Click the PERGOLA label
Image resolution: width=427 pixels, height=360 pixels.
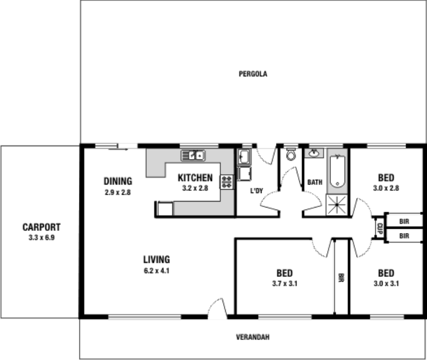(x=252, y=74)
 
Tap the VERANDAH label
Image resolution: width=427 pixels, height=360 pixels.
(x=252, y=337)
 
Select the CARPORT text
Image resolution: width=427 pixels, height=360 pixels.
(x=41, y=226)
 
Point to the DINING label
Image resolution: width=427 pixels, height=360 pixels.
(x=117, y=181)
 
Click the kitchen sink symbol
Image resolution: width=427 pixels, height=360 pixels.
(x=193, y=156)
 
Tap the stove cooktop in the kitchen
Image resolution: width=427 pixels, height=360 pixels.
(x=227, y=182)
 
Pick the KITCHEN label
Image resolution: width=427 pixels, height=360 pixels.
(x=195, y=178)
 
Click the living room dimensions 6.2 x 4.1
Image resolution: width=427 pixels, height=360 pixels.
(x=156, y=270)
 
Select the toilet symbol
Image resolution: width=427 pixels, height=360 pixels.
(x=291, y=155)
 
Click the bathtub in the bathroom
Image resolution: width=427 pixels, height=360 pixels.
(x=337, y=172)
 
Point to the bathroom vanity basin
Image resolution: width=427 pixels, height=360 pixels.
(x=314, y=154)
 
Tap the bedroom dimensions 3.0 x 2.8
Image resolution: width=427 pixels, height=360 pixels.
(x=386, y=188)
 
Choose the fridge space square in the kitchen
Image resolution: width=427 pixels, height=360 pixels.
(x=165, y=209)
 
